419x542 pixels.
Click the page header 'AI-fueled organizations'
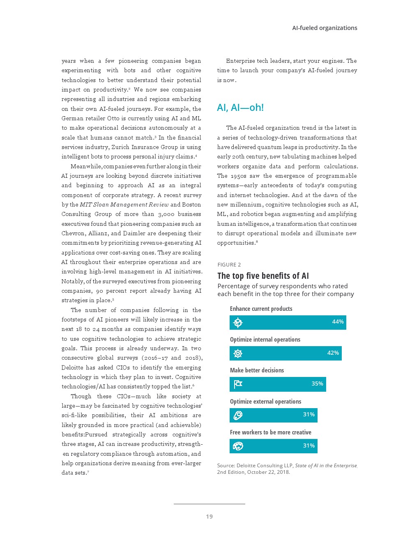(325, 28)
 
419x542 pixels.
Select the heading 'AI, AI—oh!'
(240, 108)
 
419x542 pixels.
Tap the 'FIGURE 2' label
(229, 265)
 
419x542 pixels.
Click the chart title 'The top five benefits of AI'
(263, 276)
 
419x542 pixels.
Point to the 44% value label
(338, 322)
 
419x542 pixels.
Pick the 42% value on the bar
(333, 353)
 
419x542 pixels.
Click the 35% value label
(317, 384)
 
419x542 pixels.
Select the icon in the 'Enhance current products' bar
(238, 323)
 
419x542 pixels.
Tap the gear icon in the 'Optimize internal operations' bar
(238, 354)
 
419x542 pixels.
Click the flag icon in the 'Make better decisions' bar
(238, 384)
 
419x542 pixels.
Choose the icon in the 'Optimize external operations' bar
(238, 416)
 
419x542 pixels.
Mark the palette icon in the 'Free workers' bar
(238, 446)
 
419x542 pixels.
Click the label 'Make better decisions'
(257, 370)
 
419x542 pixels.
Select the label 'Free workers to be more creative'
(270, 432)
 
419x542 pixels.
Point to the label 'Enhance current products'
(261, 309)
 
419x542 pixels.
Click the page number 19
(209, 517)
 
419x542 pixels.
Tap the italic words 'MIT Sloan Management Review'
(124, 204)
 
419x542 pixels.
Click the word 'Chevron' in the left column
(73, 233)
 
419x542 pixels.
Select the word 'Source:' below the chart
(226, 466)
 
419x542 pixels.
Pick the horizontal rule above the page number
(209, 504)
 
